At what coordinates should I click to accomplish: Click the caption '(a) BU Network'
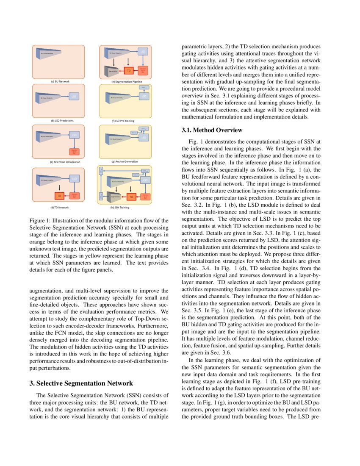point(58,81)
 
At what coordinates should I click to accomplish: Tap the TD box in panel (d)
point(60,196)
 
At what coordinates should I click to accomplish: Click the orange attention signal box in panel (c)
point(74,152)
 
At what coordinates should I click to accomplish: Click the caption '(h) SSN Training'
point(120,208)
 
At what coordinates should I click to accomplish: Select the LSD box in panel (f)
point(144,97)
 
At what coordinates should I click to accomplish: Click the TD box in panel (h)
point(131,197)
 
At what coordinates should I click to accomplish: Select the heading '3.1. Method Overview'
point(212,130)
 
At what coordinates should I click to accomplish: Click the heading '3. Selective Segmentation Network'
point(81,383)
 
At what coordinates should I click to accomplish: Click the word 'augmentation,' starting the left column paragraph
point(45,290)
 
